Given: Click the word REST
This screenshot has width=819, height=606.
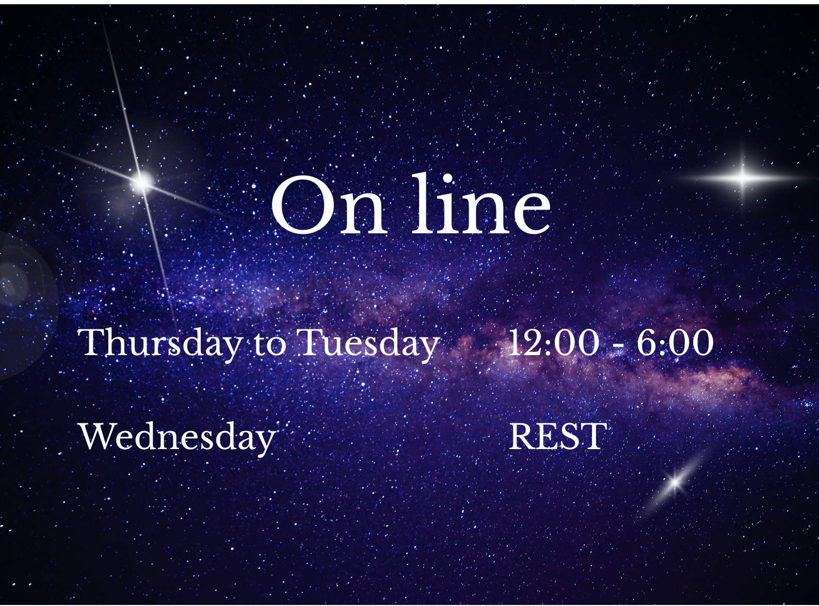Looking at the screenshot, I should click(557, 437).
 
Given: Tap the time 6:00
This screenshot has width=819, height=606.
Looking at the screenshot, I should click(675, 342).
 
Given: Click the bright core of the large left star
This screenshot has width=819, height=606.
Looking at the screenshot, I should click(142, 181).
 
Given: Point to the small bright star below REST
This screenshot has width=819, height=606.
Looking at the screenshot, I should click(675, 483).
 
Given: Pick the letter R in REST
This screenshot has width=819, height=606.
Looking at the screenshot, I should click(522, 437).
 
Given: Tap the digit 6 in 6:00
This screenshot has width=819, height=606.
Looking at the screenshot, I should click(648, 342).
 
